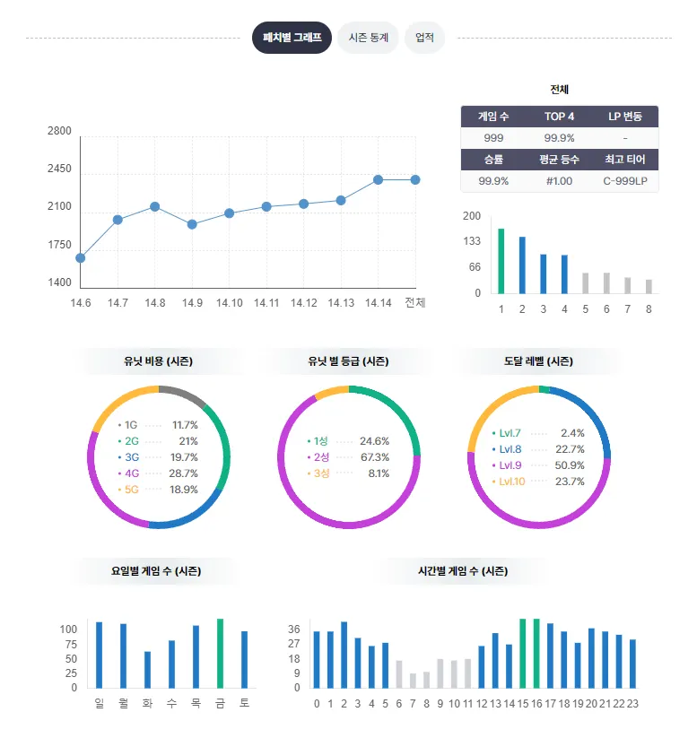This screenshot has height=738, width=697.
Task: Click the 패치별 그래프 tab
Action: (x=292, y=38)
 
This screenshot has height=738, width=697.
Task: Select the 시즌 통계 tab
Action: (x=368, y=38)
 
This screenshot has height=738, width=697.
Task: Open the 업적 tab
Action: (x=424, y=38)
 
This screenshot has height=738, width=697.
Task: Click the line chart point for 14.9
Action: (x=192, y=224)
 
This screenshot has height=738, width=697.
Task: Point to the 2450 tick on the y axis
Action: (x=59, y=169)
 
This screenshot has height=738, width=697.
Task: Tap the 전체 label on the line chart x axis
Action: (x=414, y=302)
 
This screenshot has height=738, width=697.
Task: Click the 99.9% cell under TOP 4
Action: (x=559, y=138)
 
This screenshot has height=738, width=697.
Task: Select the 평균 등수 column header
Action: (x=559, y=160)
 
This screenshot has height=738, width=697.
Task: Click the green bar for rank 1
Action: (x=501, y=260)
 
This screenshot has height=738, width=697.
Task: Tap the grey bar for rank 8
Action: (x=649, y=285)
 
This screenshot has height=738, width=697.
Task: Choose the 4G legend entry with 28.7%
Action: (x=159, y=473)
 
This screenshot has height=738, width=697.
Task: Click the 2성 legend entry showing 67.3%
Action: (x=348, y=457)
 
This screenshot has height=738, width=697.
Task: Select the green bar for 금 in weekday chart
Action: (x=220, y=653)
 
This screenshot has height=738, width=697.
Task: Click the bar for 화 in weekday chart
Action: (x=147, y=669)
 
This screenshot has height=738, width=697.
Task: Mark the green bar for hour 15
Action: (x=522, y=653)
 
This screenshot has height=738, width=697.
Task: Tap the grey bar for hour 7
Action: (x=413, y=680)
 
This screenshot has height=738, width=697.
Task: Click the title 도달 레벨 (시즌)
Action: (x=538, y=362)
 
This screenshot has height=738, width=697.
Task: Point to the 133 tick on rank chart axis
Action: (x=471, y=241)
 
